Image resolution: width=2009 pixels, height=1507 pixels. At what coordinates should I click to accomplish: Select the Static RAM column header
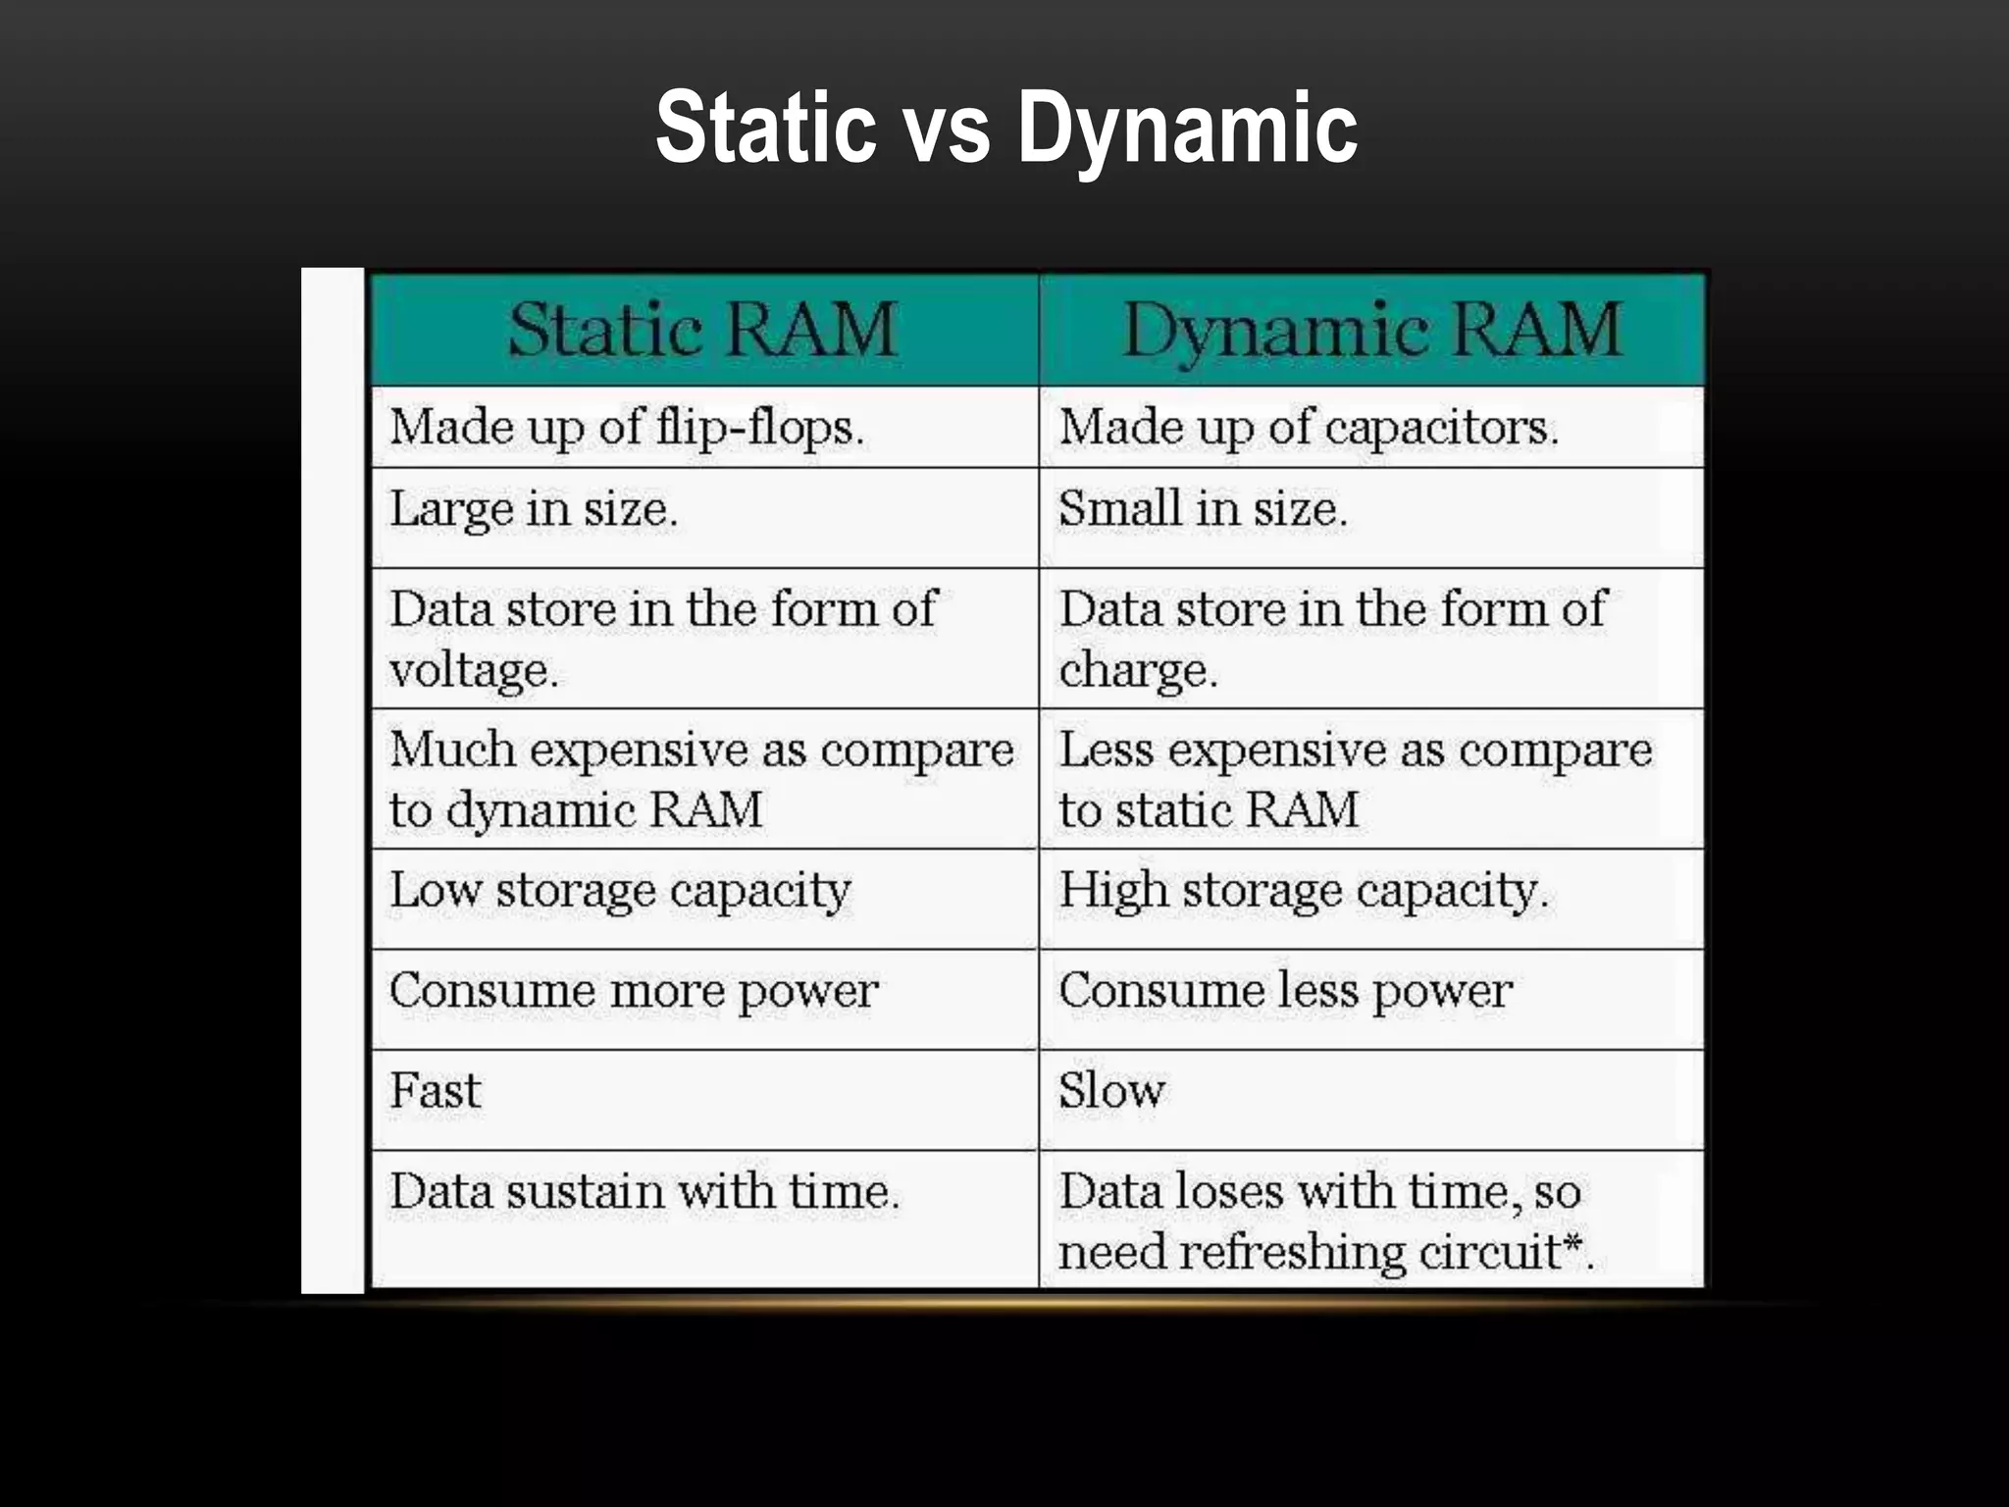pyautogui.click(x=702, y=330)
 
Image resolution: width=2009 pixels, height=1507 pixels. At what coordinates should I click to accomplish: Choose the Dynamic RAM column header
pyautogui.click(x=1371, y=330)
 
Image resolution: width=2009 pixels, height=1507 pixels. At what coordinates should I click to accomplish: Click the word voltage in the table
pyautogui.click(x=474, y=671)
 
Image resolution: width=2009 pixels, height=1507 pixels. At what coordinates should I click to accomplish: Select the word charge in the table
pyautogui.click(x=1138, y=671)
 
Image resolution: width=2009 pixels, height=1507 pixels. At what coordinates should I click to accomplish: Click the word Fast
pyautogui.click(x=436, y=1091)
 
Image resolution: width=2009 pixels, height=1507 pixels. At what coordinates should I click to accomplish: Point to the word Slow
pyautogui.click(x=1111, y=1091)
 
